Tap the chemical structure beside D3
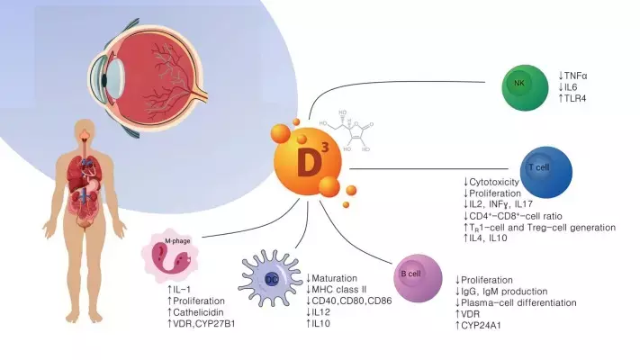tap(346, 133)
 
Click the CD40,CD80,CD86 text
tap(354, 301)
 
